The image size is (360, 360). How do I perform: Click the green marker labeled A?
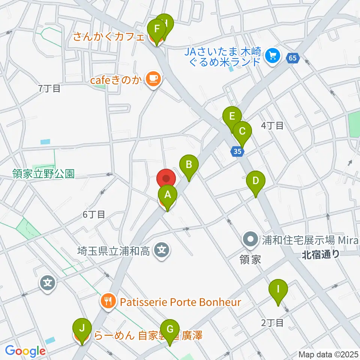click(x=167, y=195)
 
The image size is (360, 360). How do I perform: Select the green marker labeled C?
click(x=242, y=132)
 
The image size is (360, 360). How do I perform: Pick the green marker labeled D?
click(x=255, y=181)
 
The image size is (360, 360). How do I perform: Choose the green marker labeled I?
click(x=278, y=290)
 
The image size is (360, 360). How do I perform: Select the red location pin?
click(x=166, y=178)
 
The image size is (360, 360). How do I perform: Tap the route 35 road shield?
click(x=237, y=151)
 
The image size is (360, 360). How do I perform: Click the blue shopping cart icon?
click(x=272, y=56)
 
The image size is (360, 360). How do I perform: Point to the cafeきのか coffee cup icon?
click(x=153, y=78)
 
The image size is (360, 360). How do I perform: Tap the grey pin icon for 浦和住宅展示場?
click(x=250, y=239)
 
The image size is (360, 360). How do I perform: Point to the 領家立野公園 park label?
click(x=43, y=174)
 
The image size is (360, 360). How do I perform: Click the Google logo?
click(x=25, y=351)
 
